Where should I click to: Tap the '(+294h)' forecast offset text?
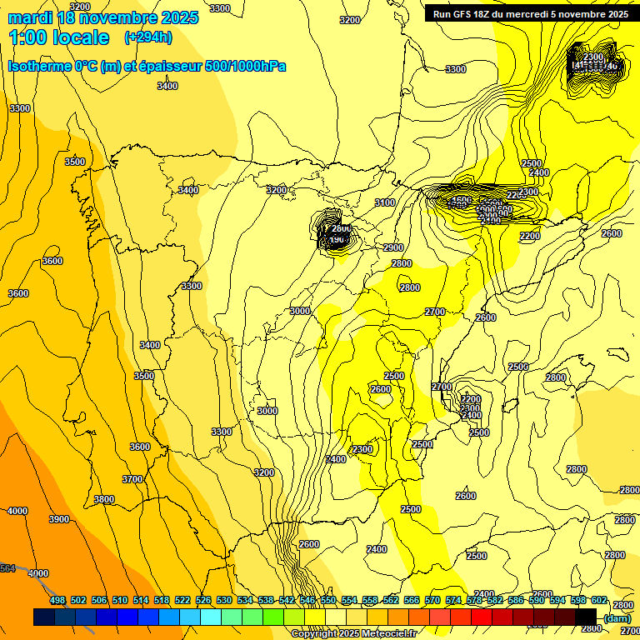click(148, 37)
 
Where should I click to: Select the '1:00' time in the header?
click(29, 37)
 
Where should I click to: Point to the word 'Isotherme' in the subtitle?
click(38, 66)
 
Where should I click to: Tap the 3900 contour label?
click(59, 519)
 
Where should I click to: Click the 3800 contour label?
click(104, 499)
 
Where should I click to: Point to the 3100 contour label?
click(385, 202)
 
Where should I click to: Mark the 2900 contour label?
click(393, 247)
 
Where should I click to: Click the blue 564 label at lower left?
click(7, 568)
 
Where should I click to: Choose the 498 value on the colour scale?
click(57, 600)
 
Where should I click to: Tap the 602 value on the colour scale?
click(599, 600)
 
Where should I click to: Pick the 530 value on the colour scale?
click(224, 600)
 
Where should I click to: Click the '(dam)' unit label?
click(617, 617)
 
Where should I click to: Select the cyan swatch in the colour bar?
click(211, 617)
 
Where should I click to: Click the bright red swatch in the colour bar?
click(482, 617)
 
